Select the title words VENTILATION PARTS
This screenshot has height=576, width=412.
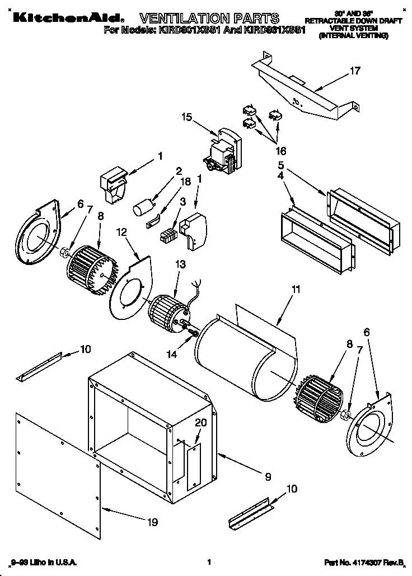pyautogui.click(x=208, y=18)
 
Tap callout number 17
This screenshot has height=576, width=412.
pyautogui.click(x=355, y=71)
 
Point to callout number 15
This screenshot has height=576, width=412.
pyautogui.click(x=186, y=118)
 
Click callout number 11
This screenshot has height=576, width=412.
pyautogui.click(x=296, y=290)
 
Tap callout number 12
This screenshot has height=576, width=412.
pyautogui.click(x=122, y=231)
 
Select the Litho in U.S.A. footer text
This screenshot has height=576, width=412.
pyautogui.click(x=44, y=561)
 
